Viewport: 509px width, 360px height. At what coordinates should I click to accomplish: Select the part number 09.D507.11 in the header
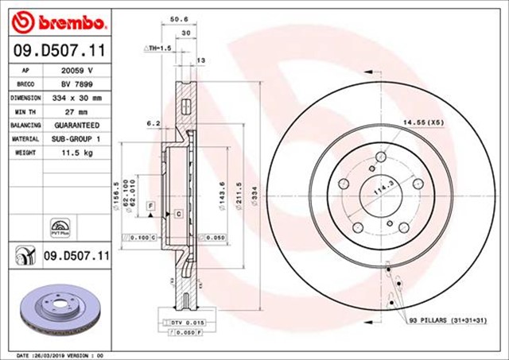click(59, 52)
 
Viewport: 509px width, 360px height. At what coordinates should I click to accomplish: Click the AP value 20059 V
click(77, 70)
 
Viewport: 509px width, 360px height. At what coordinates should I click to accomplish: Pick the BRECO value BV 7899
click(77, 83)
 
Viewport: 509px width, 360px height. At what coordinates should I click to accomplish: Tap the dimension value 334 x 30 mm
click(77, 98)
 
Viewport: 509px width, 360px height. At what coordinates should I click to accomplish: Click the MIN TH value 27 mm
click(77, 112)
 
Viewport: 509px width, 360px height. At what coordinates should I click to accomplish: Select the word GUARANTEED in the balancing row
click(77, 126)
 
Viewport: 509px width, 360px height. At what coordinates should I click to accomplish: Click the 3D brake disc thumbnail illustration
click(57, 312)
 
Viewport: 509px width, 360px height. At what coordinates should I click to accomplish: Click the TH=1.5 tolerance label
click(158, 48)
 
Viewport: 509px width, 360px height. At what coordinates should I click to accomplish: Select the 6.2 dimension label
click(153, 123)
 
